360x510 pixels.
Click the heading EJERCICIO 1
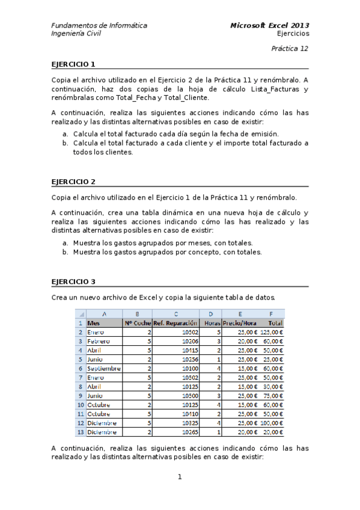(73, 64)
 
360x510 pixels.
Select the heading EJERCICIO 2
(73, 181)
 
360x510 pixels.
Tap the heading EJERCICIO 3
(73, 281)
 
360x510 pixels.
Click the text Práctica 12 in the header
(290, 48)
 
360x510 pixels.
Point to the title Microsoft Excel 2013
(270, 26)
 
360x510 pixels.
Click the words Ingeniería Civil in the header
(76, 34)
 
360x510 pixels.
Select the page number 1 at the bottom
(180, 478)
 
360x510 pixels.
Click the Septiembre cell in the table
(104, 368)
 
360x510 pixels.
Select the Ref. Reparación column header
(176, 323)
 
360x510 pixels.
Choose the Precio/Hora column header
(240, 323)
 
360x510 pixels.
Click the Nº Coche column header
(138, 323)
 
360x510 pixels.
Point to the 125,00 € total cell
(272, 332)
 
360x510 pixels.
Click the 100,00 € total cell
(272, 423)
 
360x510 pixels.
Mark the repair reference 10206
(190, 341)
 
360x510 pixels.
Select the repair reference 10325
(190, 423)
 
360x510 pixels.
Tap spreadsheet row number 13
(80, 432)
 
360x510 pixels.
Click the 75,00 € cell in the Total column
(273, 396)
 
